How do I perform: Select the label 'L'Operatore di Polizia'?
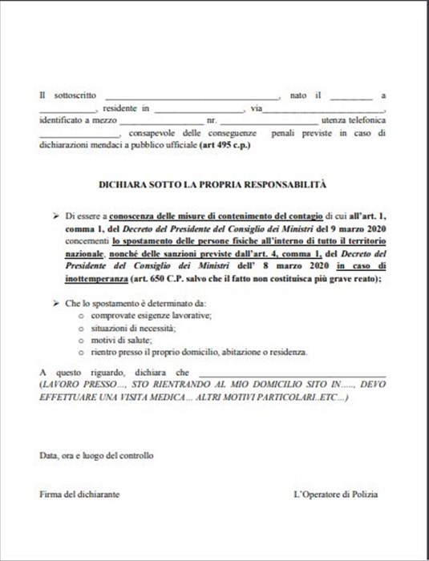340,494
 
